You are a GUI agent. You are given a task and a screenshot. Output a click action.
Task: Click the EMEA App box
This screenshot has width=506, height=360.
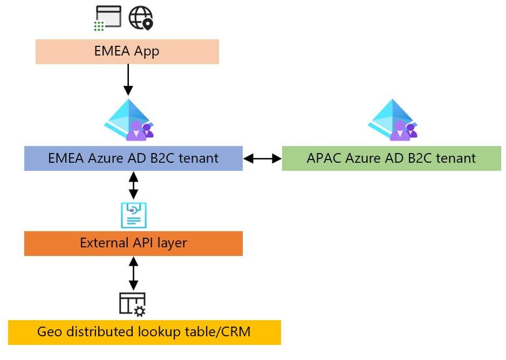[x=127, y=52]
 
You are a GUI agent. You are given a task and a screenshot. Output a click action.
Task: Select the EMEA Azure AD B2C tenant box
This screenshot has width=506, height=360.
[x=133, y=158]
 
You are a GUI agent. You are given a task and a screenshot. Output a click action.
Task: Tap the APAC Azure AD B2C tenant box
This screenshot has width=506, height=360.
[x=391, y=158]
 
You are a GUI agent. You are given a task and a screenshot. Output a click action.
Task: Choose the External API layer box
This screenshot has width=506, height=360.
[x=133, y=243]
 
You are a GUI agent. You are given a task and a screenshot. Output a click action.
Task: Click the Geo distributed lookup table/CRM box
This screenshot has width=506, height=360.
[x=144, y=332]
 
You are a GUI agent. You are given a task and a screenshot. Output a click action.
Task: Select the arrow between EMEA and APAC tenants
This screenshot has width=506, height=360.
[x=263, y=158]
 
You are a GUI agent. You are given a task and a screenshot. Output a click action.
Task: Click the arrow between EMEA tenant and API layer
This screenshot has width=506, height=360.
[x=133, y=185]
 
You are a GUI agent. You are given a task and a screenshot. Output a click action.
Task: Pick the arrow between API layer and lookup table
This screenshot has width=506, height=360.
[x=133, y=274]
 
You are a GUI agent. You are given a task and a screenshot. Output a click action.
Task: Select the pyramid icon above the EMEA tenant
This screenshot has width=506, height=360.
[x=129, y=120]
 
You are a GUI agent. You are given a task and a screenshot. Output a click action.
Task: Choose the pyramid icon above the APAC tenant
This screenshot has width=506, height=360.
[x=393, y=120]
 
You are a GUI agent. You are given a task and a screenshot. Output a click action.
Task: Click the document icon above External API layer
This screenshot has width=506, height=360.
[x=133, y=216]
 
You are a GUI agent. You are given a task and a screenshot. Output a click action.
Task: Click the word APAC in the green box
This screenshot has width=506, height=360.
[x=324, y=158]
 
